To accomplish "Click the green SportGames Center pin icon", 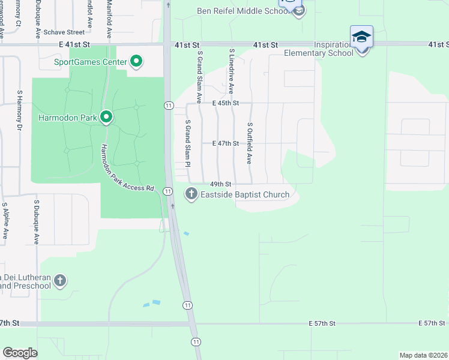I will [x=136, y=61].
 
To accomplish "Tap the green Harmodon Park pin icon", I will [x=106, y=117].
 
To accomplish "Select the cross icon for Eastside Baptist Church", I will [x=191, y=193].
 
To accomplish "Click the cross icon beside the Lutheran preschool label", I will [x=59, y=280].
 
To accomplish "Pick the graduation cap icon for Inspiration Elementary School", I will [x=361, y=37].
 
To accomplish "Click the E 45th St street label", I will [x=226, y=103].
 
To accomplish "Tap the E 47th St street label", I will [x=226, y=143].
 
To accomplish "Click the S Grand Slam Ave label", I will [x=199, y=76].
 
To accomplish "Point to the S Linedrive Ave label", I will [x=231, y=72].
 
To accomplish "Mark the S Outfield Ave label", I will [x=249, y=144].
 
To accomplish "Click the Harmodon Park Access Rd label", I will [x=127, y=168].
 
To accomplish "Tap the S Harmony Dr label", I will [x=19, y=111].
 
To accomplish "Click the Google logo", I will [x=20, y=353].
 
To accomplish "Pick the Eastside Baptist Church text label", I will [x=245, y=194].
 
